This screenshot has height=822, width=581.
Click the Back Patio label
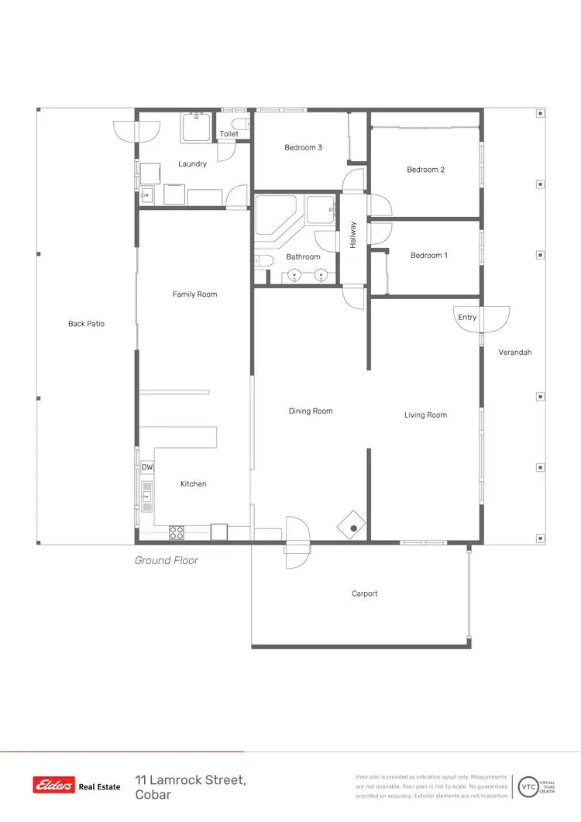coord(86,324)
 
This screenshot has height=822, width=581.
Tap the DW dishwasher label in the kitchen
coord(147,467)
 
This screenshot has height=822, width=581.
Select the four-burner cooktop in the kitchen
coord(177,532)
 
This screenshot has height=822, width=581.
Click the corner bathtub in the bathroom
coord(276,215)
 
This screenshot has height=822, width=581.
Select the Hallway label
coord(352,235)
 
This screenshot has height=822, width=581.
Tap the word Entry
coord(467,318)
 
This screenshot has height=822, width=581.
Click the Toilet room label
coord(229,134)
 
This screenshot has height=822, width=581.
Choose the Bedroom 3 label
coord(303,147)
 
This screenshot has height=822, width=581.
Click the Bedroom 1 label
coord(429,256)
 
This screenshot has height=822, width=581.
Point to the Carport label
coord(365,594)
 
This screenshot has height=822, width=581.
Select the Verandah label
coord(515,353)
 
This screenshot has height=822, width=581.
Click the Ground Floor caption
coord(167,561)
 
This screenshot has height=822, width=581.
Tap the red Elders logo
coord(53,786)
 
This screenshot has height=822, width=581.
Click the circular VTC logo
coord(528,786)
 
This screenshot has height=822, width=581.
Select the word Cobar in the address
coord(153,796)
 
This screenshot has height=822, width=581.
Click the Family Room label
coord(194,294)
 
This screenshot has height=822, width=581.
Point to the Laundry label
coord(192,164)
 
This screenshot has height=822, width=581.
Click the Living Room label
coord(425,415)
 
